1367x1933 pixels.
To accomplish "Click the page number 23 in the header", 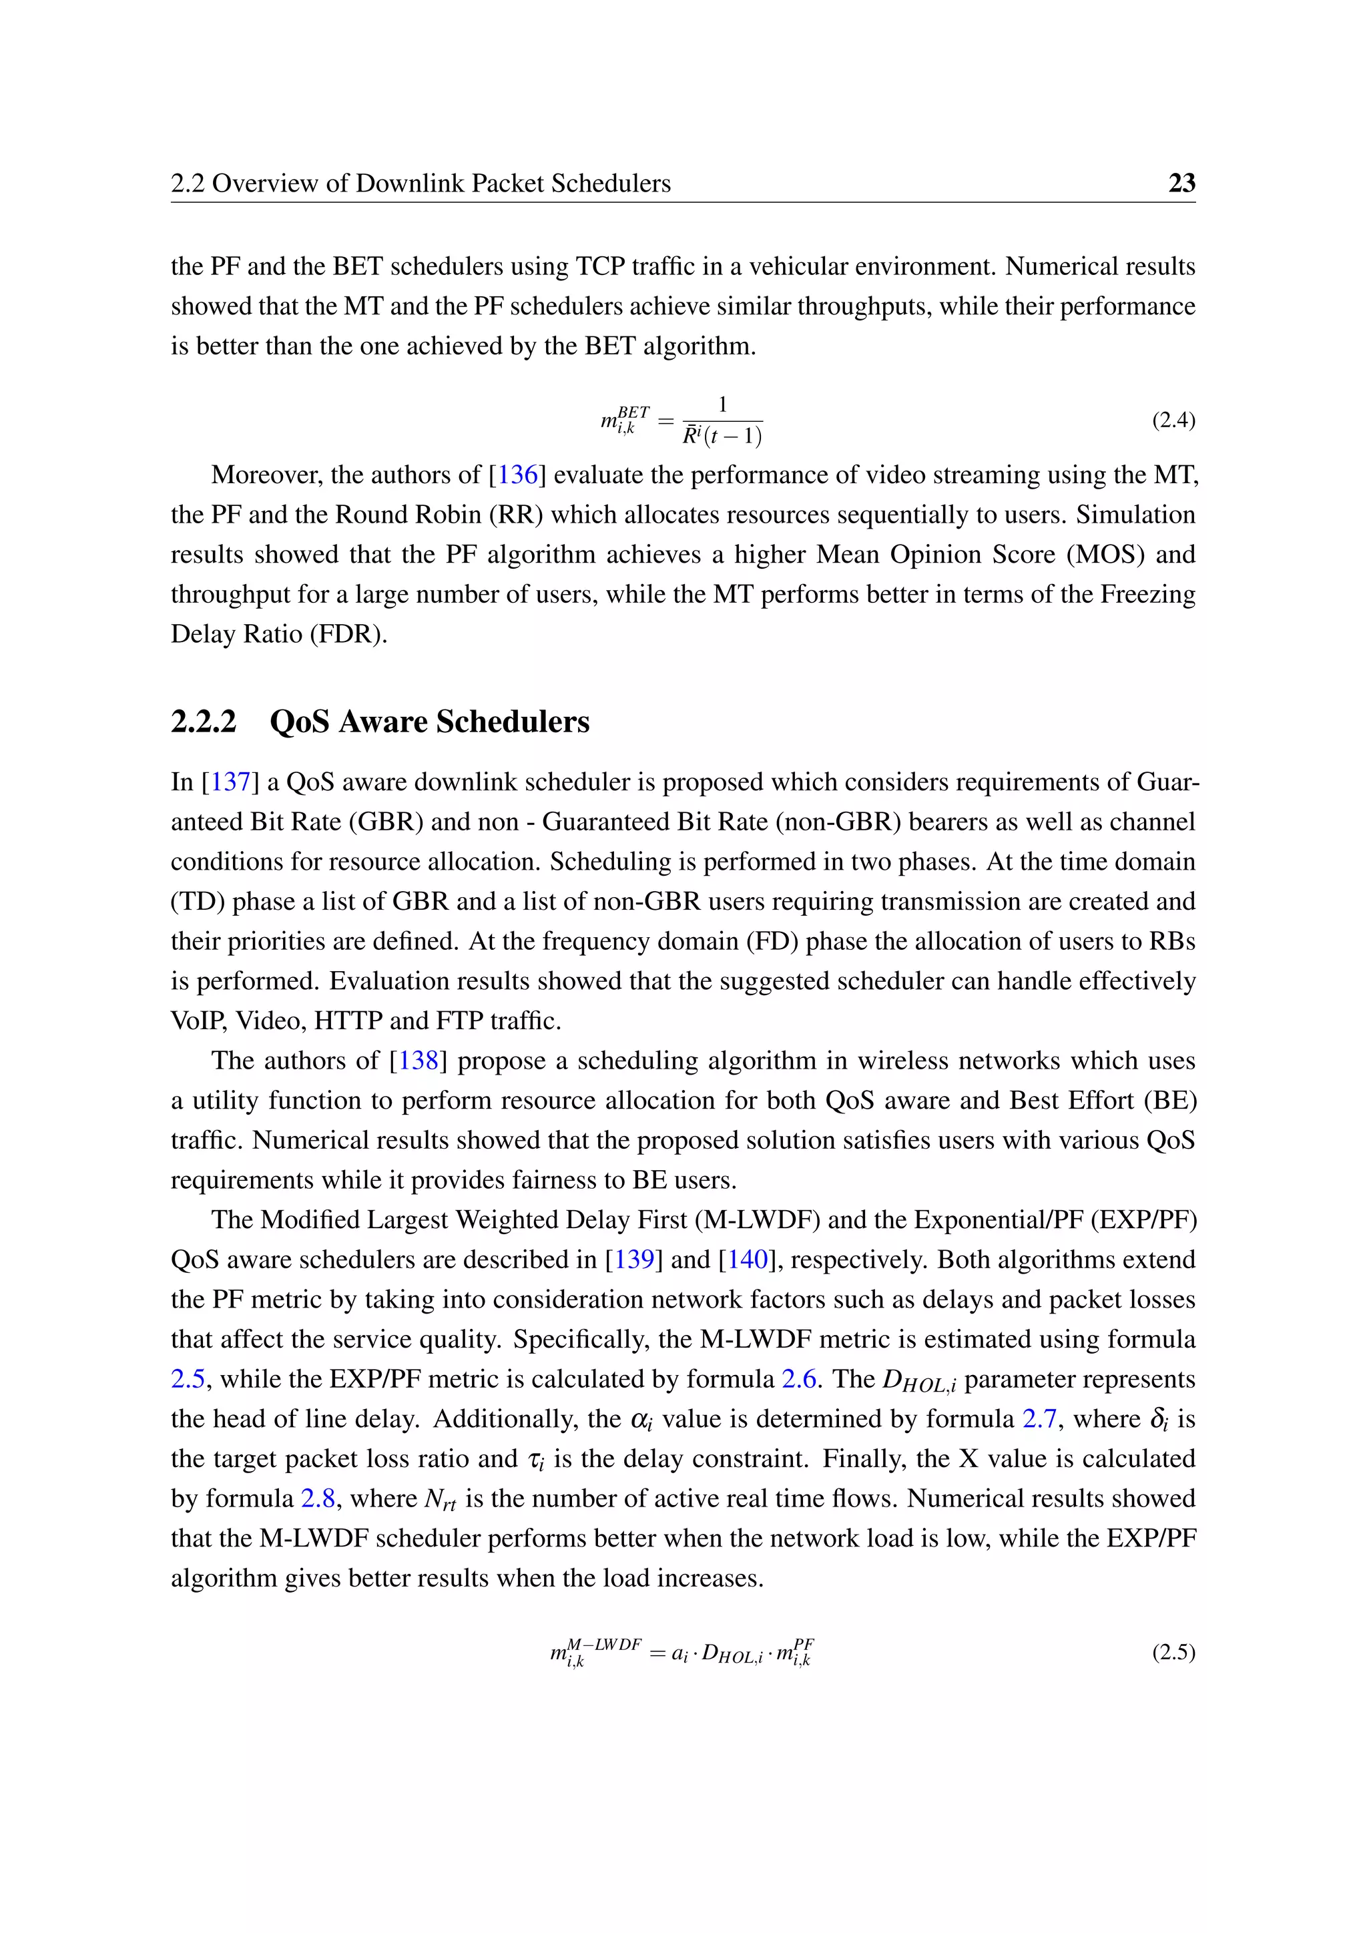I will (1181, 183).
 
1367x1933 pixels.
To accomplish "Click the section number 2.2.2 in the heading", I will (204, 722).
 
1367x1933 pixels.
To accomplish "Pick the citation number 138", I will (419, 1060).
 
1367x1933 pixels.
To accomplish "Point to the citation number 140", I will (748, 1260).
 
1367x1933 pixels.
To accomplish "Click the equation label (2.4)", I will (1173, 420).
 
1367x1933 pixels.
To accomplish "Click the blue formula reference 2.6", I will (799, 1379).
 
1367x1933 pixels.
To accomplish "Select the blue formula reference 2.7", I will (1039, 1418).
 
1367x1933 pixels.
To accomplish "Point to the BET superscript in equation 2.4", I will (633, 412).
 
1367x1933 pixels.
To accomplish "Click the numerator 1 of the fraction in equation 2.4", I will (722, 406).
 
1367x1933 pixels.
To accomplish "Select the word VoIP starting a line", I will (198, 1021).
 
